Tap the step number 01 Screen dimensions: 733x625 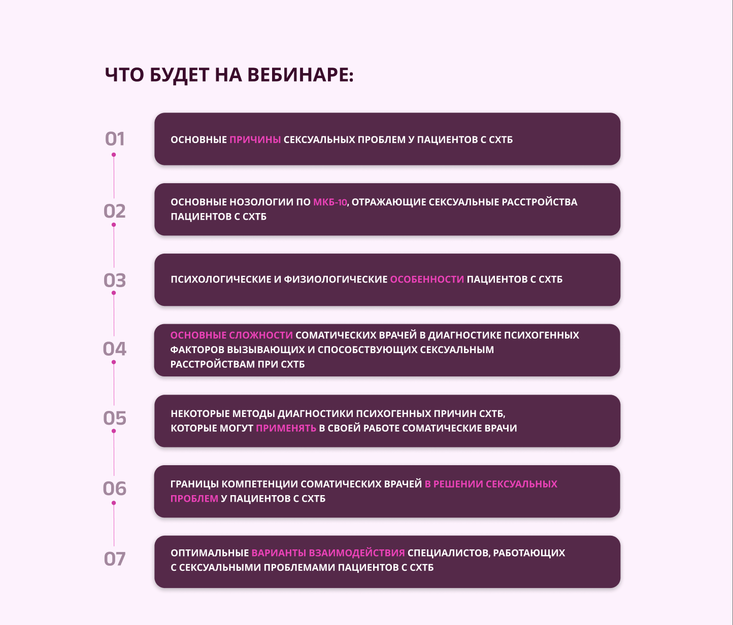(115, 139)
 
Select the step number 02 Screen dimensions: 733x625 (115, 211)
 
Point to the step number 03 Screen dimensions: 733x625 (115, 281)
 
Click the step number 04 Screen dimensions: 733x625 (115, 349)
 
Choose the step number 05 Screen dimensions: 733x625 (115, 419)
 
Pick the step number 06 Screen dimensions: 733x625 (115, 489)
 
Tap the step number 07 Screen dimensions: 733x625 (115, 559)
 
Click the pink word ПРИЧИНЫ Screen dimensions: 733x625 (255, 140)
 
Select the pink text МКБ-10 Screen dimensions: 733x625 (330, 202)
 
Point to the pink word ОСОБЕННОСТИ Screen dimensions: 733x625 (427, 279)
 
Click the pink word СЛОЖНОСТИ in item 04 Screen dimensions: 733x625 (261, 335)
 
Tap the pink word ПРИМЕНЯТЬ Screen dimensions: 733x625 (286, 428)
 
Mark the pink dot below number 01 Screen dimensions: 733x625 (114, 155)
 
